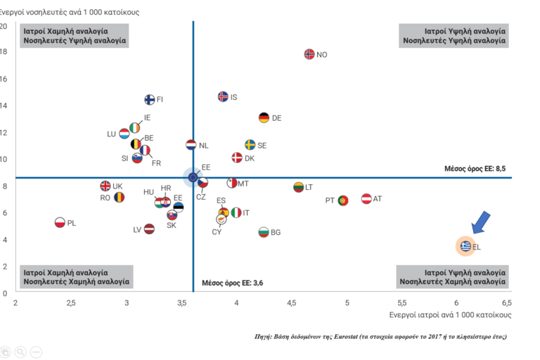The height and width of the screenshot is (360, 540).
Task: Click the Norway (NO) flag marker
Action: [309, 54]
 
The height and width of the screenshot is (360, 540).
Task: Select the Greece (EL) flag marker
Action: [465, 246]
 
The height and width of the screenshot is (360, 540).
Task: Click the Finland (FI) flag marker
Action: [150, 100]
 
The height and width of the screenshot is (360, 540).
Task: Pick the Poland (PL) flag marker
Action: [60, 223]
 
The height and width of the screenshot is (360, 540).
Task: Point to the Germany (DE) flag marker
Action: [264, 117]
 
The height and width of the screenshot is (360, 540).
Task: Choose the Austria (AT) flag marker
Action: [366, 199]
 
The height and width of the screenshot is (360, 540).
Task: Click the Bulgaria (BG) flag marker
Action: [264, 231]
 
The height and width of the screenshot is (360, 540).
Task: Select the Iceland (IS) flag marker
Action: [223, 96]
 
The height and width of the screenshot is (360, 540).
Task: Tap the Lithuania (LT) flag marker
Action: [298, 187]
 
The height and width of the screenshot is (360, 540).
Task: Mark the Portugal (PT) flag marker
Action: [343, 200]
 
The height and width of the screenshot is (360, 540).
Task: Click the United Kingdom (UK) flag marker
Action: [105, 186]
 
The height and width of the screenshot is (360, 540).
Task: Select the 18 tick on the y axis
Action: [4, 52]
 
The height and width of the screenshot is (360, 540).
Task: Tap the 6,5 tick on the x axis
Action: [506, 303]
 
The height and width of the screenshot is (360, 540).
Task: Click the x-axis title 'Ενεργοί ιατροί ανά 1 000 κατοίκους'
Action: [450, 315]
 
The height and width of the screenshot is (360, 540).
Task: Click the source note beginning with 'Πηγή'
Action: [380, 337]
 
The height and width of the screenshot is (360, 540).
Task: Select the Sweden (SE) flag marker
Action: [250, 145]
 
